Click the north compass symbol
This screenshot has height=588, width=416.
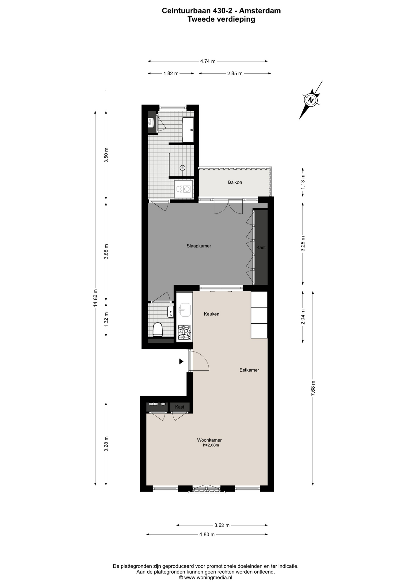(311, 100)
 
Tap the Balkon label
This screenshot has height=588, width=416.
(235, 182)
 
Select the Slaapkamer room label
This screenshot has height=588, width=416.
(199, 246)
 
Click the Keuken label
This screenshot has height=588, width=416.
(212, 314)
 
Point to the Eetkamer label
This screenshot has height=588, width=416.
(249, 370)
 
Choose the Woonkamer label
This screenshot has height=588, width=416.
(209, 440)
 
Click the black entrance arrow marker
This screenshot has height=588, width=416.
(181, 361)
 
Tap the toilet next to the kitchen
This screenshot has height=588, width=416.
(157, 330)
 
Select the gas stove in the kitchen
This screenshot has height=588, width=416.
(185, 333)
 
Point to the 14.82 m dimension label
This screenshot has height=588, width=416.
(96, 298)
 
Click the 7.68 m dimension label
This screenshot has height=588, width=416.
(313, 388)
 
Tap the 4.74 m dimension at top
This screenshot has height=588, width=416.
(208, 61)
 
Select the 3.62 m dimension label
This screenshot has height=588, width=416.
(222, 525)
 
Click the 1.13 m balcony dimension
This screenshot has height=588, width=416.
(303, 181)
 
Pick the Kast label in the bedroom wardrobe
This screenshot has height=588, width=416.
(261, 247)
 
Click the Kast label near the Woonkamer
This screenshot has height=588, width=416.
(180, 407)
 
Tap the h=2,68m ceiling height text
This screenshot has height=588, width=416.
(211, 445)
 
